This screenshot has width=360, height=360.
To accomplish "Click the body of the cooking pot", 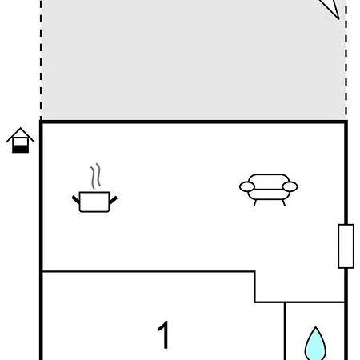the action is pyautogui.click(x=94, y=202).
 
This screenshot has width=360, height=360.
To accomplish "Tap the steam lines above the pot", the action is pyautogui.click(x=95, y=176).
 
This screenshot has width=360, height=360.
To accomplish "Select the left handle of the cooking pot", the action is pyautogui.click(x=76, y=199).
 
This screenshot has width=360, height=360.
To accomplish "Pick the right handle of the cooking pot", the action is pyautogui.click(x=113, y=200).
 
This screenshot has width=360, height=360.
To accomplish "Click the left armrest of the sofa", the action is pyautogui.click(x=247, y=186).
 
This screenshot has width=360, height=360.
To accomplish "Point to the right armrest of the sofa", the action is pyautogui.click(x=290, y=186).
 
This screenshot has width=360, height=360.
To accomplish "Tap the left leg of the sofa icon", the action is pyautogui.click(x=255, y=203).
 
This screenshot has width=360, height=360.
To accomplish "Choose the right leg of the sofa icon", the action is pyautogui.click(x=284, y=203).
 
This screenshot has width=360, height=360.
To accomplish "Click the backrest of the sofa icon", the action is pyautogui.click(x=269, y=178).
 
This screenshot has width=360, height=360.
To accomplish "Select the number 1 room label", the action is pyautogui.click(x=164, y=334).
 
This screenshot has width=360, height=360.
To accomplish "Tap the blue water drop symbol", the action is pyautogui.click(x=315, y=344).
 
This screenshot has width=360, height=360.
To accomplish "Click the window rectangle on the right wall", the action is pyautogui.click(x=346, y=246).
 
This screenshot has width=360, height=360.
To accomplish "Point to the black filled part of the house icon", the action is pyautogui.click(x=20, y=149).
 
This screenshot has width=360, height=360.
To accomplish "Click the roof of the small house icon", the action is pyautogui.click(x=20, y=134).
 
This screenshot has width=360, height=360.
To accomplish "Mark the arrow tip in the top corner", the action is pyautogui.click(x=338, y=19).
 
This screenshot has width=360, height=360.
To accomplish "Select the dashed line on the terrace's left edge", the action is pyautogui.click(x=41, y=60).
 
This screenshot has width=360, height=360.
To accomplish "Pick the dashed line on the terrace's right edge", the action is pyautogui.click(x=346, y=60).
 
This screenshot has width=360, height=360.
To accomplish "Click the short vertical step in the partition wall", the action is pyautogui.click(x=255, y=287).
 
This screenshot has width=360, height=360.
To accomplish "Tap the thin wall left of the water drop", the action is pyautogui.click(x=285, y=331).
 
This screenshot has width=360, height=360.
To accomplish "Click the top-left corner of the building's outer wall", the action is pyautogui.click(x=41, y=122).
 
